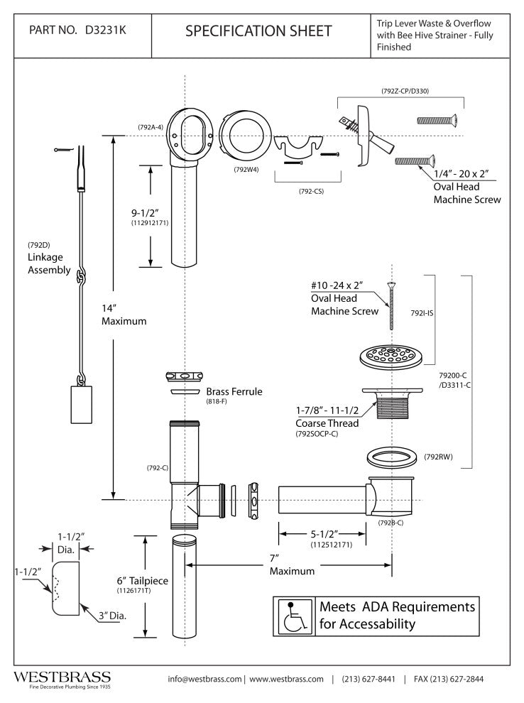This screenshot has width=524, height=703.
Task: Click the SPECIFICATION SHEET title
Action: point(258,31)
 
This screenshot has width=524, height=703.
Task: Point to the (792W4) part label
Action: point(245,170)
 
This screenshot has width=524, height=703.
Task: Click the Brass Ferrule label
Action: point(234,391)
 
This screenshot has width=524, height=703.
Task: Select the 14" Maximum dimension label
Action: point(124,315)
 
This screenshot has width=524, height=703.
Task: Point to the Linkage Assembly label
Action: point(48,264)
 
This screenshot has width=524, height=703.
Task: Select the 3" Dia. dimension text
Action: point(112,616)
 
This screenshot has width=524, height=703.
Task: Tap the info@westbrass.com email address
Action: point(205,679)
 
